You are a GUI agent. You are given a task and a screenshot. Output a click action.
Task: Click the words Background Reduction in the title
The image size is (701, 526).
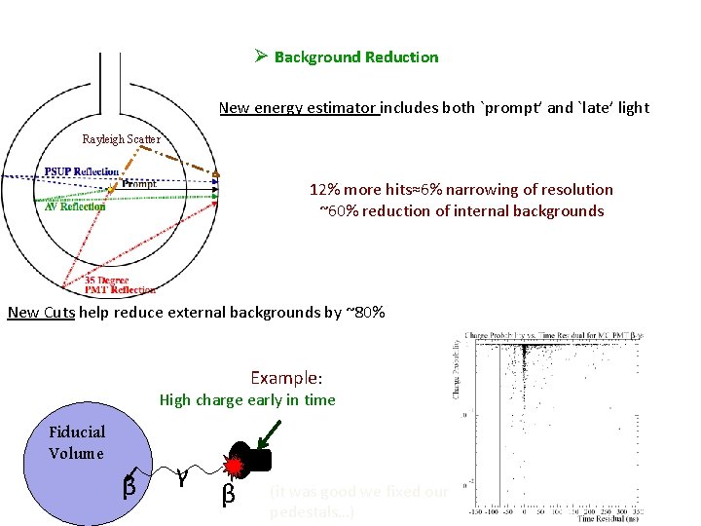click(356, 57)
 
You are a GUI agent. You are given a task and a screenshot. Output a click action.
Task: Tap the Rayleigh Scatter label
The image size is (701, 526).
click(121, 139)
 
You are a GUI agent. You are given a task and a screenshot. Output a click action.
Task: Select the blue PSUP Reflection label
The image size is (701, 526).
click(82, 172)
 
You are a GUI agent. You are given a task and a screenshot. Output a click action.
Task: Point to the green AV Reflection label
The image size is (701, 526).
click(75, 207)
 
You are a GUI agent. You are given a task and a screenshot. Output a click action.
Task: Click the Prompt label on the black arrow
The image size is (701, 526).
click(140, 184)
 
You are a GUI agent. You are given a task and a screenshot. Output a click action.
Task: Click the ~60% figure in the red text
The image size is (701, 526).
click(340, 211)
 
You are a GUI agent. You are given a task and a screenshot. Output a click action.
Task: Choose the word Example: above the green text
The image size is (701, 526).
click(286, 378)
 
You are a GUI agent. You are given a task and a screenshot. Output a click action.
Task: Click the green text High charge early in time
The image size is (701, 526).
click(247, 400)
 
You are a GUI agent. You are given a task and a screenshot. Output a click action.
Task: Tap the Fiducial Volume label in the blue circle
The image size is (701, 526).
click(77, 442)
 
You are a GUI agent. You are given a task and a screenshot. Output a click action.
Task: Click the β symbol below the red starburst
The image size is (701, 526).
click(229, 495)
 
